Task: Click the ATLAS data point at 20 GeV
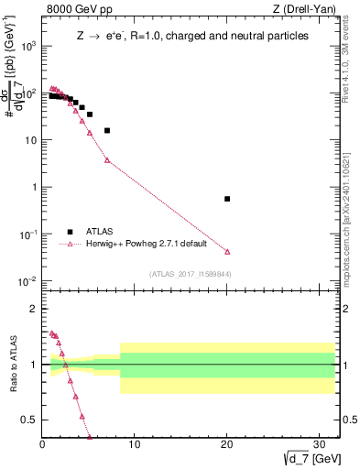[227, 199]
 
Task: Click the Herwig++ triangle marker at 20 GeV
[227, 251]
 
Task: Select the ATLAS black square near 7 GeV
[107, 130]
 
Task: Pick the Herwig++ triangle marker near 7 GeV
[107, 160]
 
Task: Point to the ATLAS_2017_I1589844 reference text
[184, 273]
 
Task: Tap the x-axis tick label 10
[135, 445]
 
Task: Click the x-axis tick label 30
[320, 445]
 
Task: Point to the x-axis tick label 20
[227, 445]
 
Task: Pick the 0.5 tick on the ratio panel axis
[31, 420]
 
